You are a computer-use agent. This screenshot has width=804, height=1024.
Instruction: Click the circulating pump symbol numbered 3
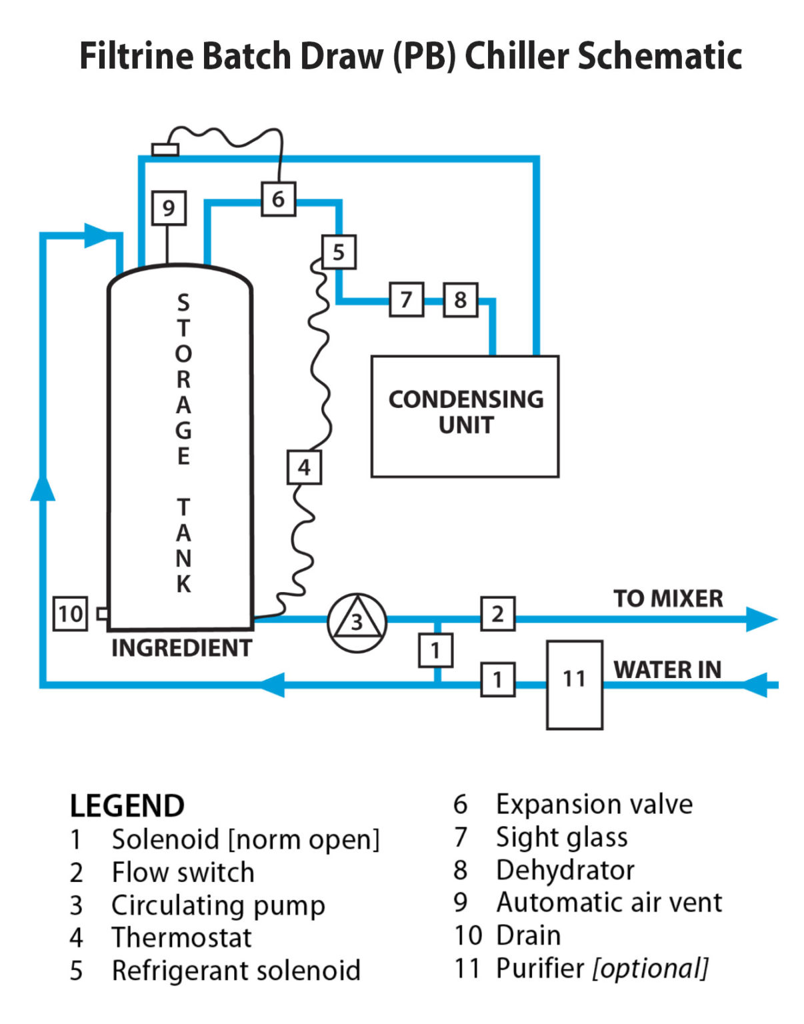[357, 622]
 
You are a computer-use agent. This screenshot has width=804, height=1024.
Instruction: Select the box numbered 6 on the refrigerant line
[278, 199]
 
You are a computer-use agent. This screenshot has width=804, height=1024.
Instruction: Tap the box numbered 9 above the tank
[168, 209]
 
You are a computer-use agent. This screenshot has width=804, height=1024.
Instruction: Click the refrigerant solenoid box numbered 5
[339, 252]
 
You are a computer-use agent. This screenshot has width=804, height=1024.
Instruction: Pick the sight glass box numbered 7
[407, 299]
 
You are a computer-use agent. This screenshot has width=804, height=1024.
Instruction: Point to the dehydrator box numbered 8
[460, 299]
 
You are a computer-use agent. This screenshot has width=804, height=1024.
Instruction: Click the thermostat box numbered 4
[304, 467]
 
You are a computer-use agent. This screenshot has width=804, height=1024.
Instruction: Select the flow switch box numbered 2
[497, 613]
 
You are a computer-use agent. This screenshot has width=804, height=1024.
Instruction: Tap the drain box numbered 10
[70, 613]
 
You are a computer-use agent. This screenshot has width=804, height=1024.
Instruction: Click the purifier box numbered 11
[574, 685]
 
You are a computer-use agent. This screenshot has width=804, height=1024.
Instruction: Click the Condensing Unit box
[465, 416]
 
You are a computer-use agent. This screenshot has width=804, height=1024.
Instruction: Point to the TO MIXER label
[668, 598]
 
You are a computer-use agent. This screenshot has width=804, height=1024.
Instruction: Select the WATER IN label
[667, 669]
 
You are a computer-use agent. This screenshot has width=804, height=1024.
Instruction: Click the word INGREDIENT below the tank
[181, 647]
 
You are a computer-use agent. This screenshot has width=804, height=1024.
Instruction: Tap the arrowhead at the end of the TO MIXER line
[761, 619]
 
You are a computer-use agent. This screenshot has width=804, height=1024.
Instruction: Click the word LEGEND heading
[127, 806]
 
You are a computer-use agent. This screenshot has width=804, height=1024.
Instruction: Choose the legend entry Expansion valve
[593, 804]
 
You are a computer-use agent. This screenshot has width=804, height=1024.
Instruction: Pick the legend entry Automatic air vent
[609, 903]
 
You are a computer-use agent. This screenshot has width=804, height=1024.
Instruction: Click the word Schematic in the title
[659, 55]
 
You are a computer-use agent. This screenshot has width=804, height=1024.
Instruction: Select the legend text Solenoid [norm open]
[245, 839]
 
